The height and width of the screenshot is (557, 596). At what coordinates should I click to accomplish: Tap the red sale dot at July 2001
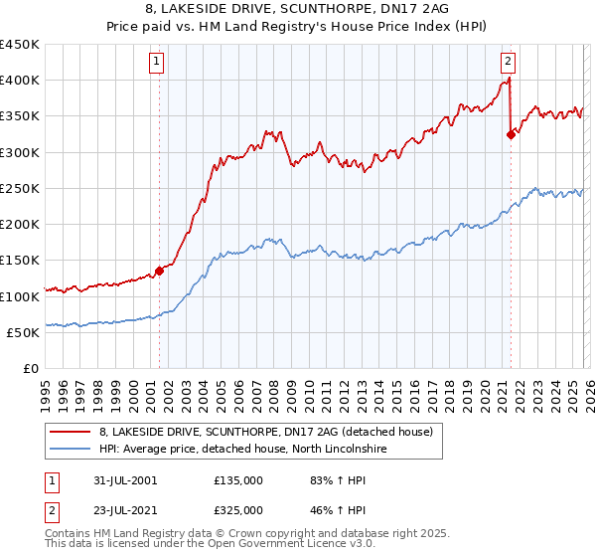159,271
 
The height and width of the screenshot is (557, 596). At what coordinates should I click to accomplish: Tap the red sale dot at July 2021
511,134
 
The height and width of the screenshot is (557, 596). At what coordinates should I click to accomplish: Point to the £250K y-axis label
20,188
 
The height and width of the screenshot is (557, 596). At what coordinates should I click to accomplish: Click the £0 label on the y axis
32,368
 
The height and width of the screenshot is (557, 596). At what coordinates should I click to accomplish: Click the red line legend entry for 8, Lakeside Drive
265,433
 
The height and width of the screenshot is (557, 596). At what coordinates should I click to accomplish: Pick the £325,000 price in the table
237,509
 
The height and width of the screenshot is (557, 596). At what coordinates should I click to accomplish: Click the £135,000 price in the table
237,481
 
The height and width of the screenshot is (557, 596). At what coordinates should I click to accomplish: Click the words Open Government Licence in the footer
303,547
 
